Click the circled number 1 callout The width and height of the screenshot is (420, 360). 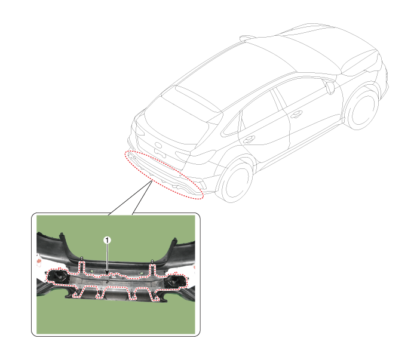107,240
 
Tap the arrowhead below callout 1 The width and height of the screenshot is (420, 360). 107,273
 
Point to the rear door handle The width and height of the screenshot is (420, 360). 249,139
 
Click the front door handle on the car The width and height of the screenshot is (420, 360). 296,114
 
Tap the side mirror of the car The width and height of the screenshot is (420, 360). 330,88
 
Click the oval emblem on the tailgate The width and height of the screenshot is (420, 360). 158,145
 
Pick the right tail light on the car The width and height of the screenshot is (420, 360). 195,156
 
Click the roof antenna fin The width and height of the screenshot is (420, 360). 246,38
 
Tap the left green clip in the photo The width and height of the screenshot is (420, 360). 92,272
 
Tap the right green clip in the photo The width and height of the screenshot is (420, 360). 141,273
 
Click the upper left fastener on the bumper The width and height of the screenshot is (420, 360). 81,259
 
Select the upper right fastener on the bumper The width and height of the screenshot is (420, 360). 152,261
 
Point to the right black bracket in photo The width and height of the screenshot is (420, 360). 175,281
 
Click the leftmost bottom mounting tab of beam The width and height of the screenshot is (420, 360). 76,293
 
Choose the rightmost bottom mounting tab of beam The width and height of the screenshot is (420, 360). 155,296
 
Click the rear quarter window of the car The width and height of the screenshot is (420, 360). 231,126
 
